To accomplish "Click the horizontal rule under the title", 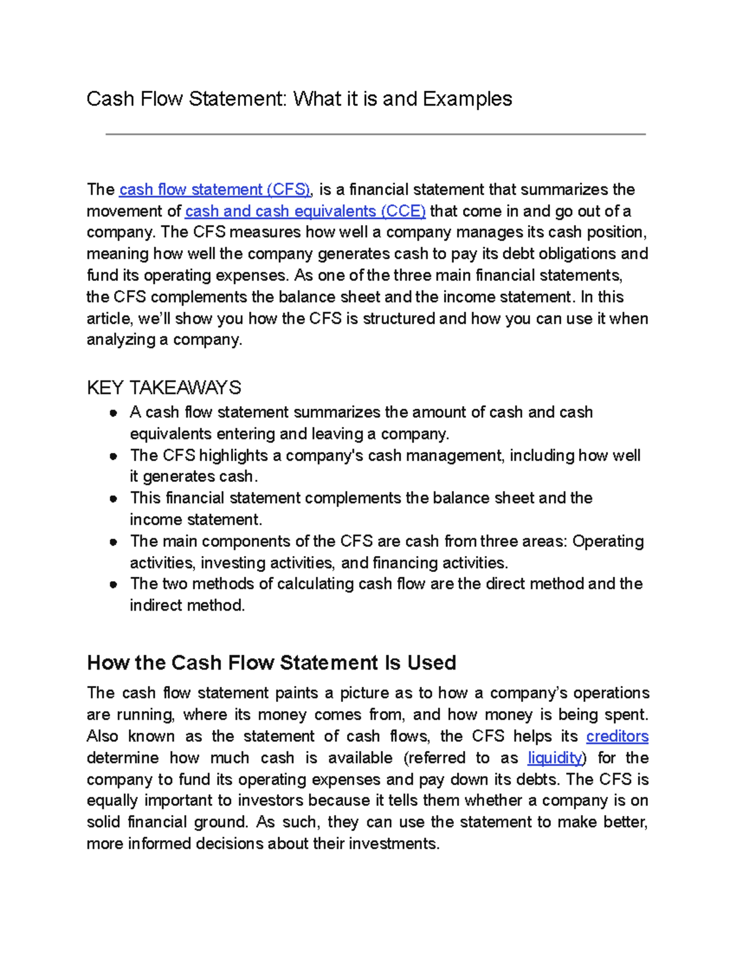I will pyautogui.click(x=375, y=134).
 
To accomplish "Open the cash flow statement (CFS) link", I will pyautogui.click(x=215, y=190).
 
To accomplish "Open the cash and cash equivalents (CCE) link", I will pyautogui.click(x=305, y=211).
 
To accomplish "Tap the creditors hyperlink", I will pyautogui.click(x=617, y=736).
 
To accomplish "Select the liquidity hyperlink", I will pyautogui.click(x=554, y=758).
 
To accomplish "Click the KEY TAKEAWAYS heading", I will pyautogui.click(x=164, y=388).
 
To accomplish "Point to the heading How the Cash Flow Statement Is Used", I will pyautogui.click(x=271, y=663).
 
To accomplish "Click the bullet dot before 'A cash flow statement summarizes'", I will pyautogui.click(x=113, y=413).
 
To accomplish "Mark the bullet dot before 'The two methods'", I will pyautogui.click(x=113, y=585).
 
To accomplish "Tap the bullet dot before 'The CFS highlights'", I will pyautogui.click(x=113, y=457).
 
